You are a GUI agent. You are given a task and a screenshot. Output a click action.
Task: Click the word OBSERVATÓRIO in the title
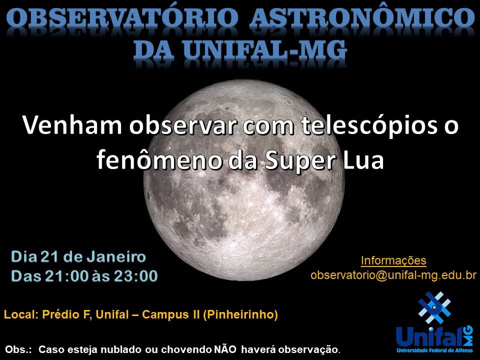pyautogui.click(x=122, y=17)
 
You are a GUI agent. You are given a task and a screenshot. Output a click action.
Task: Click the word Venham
pyautogui.click(x=71, y=125)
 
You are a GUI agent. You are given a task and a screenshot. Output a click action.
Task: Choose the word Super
pyautogui.click(x=300, y=160)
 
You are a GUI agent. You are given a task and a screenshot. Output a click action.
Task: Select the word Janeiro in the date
pyautogui.click(x=116, y=257)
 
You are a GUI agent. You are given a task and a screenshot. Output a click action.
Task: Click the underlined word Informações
pyautogui.click(x=393, y=260)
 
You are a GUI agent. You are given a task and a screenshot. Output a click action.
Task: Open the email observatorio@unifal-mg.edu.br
pyautogui.click(x=393, y=275)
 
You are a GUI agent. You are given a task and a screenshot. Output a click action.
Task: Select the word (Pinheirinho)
pyautogui.click(x=240, y=314)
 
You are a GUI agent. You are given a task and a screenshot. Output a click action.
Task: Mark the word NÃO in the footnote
pyautogui.click(x=225, y=349)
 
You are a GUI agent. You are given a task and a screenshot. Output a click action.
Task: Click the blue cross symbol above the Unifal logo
pyautogui.click(x=434, y=307)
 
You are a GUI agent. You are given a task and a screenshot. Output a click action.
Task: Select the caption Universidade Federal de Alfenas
pyautogui.click(x=434, y=350)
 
